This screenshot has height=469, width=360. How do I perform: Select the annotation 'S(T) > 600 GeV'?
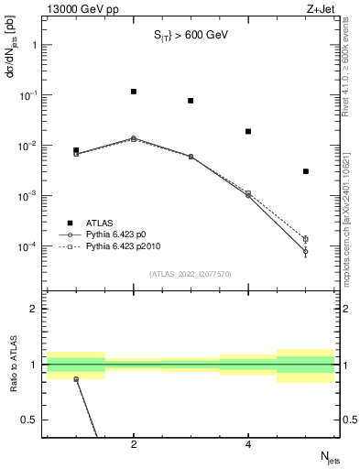point(191,36)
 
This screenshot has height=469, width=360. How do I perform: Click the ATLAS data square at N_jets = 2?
point(134,92)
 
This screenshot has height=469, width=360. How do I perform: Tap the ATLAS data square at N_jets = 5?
point(306,171)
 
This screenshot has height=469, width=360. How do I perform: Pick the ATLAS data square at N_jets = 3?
point(191,101)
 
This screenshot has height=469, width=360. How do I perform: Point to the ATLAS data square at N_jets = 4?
point(248,131)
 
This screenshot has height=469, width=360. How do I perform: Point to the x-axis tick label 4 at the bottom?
point(248,445)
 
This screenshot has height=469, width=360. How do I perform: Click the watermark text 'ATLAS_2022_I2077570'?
point(191,273)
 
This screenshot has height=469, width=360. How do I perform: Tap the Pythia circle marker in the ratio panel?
point(76,378)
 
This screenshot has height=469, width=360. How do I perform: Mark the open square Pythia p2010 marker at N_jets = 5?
point(306,239)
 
